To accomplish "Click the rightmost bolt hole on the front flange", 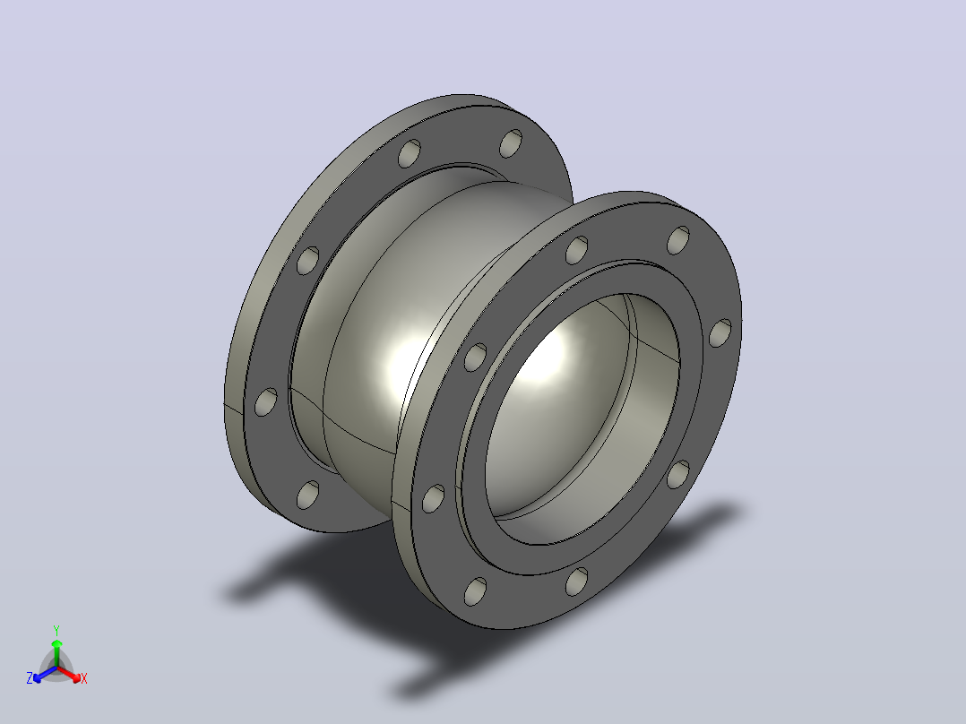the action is (x=720, y=332).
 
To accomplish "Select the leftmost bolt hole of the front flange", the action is (x=433, y=498).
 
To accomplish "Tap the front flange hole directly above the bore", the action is (x=577, y=250).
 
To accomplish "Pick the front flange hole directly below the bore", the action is (x=577, y=582).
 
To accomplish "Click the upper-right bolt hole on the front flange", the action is (x=678, y=239).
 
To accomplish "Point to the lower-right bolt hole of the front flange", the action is (x=678, y=474).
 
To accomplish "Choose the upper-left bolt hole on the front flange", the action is (x=475, y=358).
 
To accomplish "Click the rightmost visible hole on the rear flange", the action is (x=511, y=143).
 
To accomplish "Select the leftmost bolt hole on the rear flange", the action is (x=265, y=401).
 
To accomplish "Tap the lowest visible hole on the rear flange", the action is (x=307, y=495).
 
